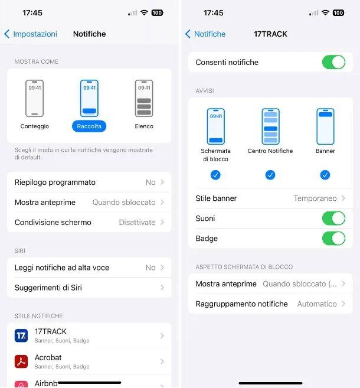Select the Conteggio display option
pyautogui.click(x=34, y=99)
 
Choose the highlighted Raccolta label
pyautogui.click(x=89, y=126)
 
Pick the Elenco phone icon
pyautogui.click(x=143, y=99)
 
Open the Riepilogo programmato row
pyautogui.click(x=89, y=182)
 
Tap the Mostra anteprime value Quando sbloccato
pyautogui.click(x=124, y=203)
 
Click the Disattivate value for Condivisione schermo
pyautogui.click(x=137, y=223)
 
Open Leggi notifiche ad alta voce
pyautogui.click(x=89, y=268)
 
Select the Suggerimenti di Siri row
pyautogui.click(x=89, y=288)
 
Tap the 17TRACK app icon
pyautogui.click(x=21, y=335)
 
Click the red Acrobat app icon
pyautogui.click(x=21, y=361)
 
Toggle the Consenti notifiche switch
pyautogui.click(x=333, y=63)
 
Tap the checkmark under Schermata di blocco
pyautogui.click(x=215, y=175)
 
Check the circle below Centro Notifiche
pyautogui.click(x=270, y=175)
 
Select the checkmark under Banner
pyautogui.click(x=325, y=175)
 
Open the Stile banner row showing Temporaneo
pyautogui.click(x=270, y=198)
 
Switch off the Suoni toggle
pyautogui.click(x=333, y=219)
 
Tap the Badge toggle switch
pyautogui.click(x=333, y=239)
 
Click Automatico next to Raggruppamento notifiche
pyautogui.click(x=316, y=304)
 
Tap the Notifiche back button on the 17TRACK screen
pyautogui.click(x=205, y=34)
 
